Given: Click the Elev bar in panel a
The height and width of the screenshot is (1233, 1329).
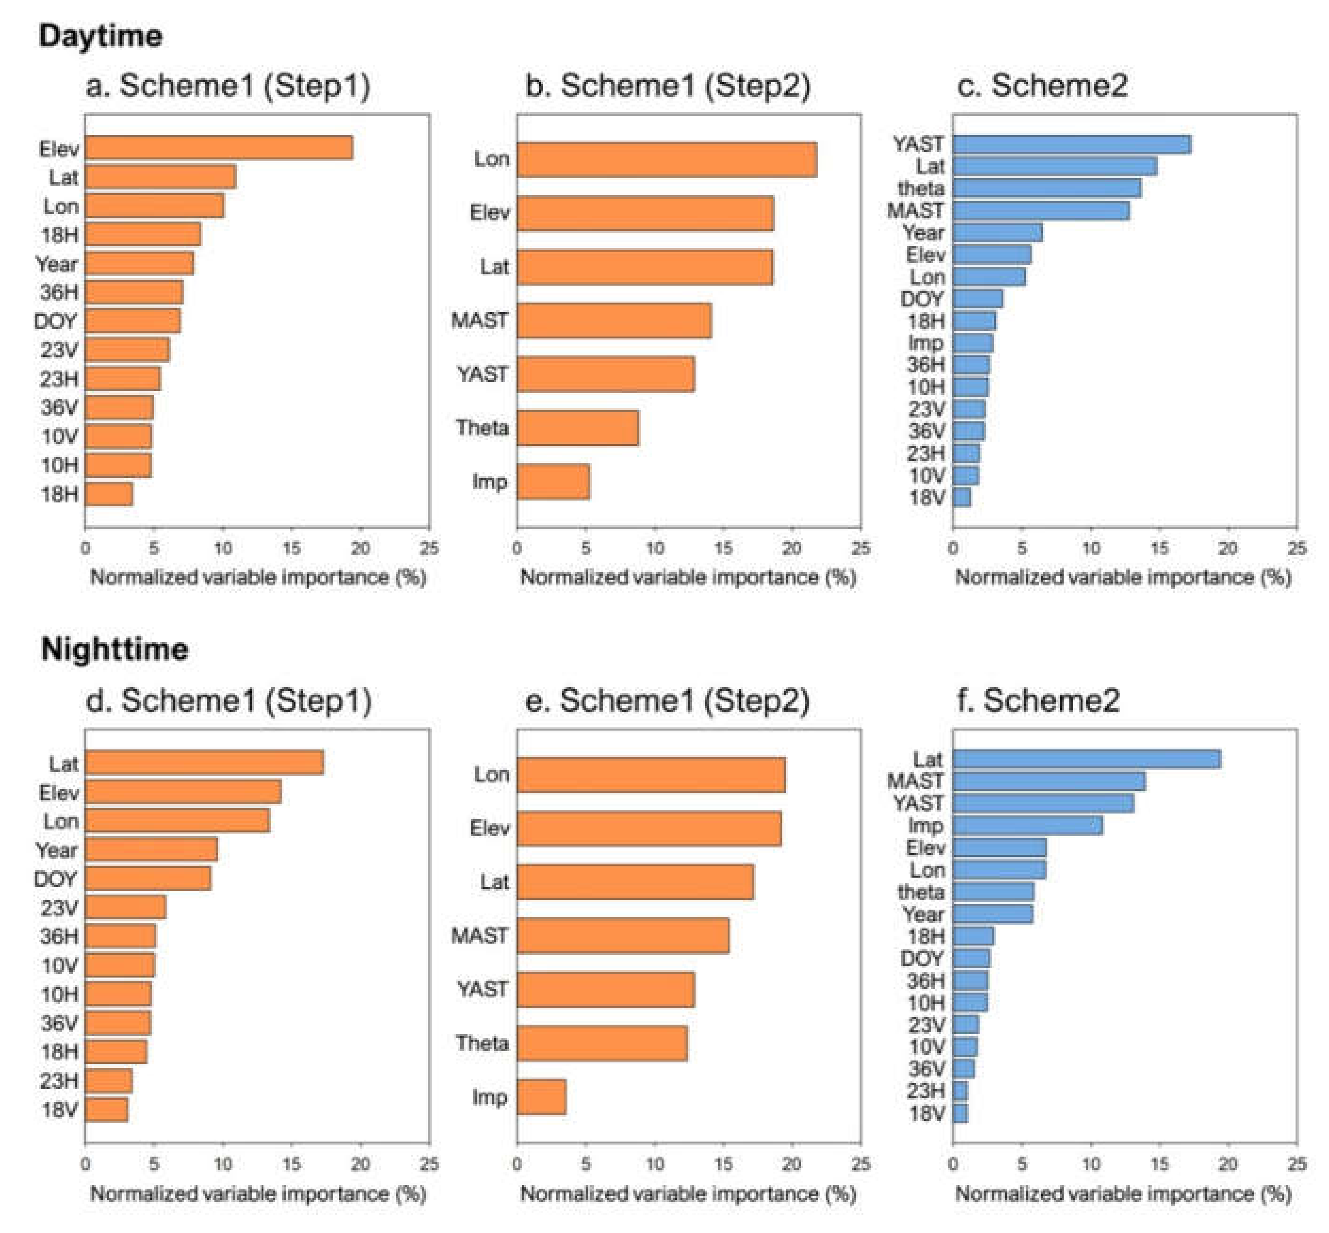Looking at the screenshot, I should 219,148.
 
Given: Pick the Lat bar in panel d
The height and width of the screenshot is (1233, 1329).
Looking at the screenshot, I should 204,763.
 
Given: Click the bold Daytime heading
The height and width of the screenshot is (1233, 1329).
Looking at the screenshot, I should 100,35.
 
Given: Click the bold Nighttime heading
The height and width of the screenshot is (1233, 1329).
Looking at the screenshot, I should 114,649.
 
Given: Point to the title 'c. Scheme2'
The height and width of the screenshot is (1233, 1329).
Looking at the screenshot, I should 1042,85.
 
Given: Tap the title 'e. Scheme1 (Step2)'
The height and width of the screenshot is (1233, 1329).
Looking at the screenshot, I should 667,700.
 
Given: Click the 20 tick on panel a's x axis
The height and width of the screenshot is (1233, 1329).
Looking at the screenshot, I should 360,549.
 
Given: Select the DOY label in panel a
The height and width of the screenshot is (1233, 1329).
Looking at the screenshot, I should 56,321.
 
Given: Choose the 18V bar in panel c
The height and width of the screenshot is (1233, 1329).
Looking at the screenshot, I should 961,497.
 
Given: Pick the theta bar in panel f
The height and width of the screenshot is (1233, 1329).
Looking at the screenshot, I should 993,892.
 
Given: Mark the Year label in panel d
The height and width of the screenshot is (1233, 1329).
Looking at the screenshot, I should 57,850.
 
